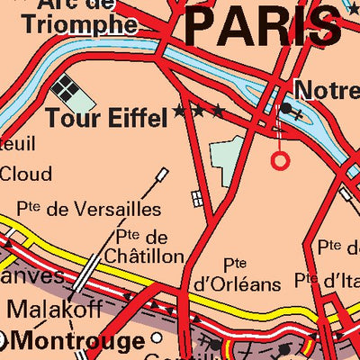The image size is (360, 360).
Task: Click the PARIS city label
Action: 264,27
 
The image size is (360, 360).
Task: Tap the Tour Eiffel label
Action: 106,117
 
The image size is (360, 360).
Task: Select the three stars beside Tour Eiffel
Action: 199,112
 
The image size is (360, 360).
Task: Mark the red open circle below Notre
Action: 281,160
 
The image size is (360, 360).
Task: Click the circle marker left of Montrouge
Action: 3,340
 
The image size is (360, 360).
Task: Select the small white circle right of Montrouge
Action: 157,338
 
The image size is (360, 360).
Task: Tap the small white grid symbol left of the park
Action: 196,198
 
